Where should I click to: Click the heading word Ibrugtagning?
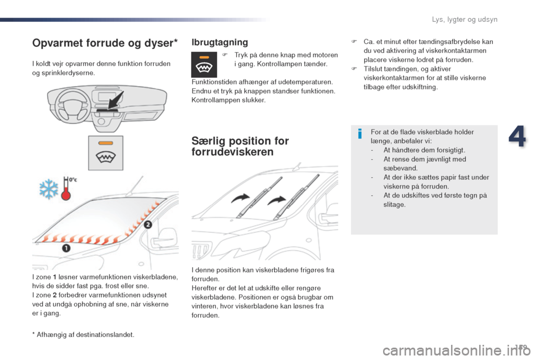pyautogui.click(x=220, y=42)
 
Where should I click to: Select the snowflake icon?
pyautogui.click(x=48, y=189)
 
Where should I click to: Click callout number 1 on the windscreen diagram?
pyautogui.click(x=66, y=248)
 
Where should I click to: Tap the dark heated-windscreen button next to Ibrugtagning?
pyautogui.click(x=204, y=64)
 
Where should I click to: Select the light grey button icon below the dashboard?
pyautogui.click(x=105, y=152)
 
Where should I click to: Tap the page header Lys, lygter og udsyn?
pyautogui.click(x=465, y=20)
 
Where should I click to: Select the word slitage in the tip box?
pyautogui.click(x=394, y=204)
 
